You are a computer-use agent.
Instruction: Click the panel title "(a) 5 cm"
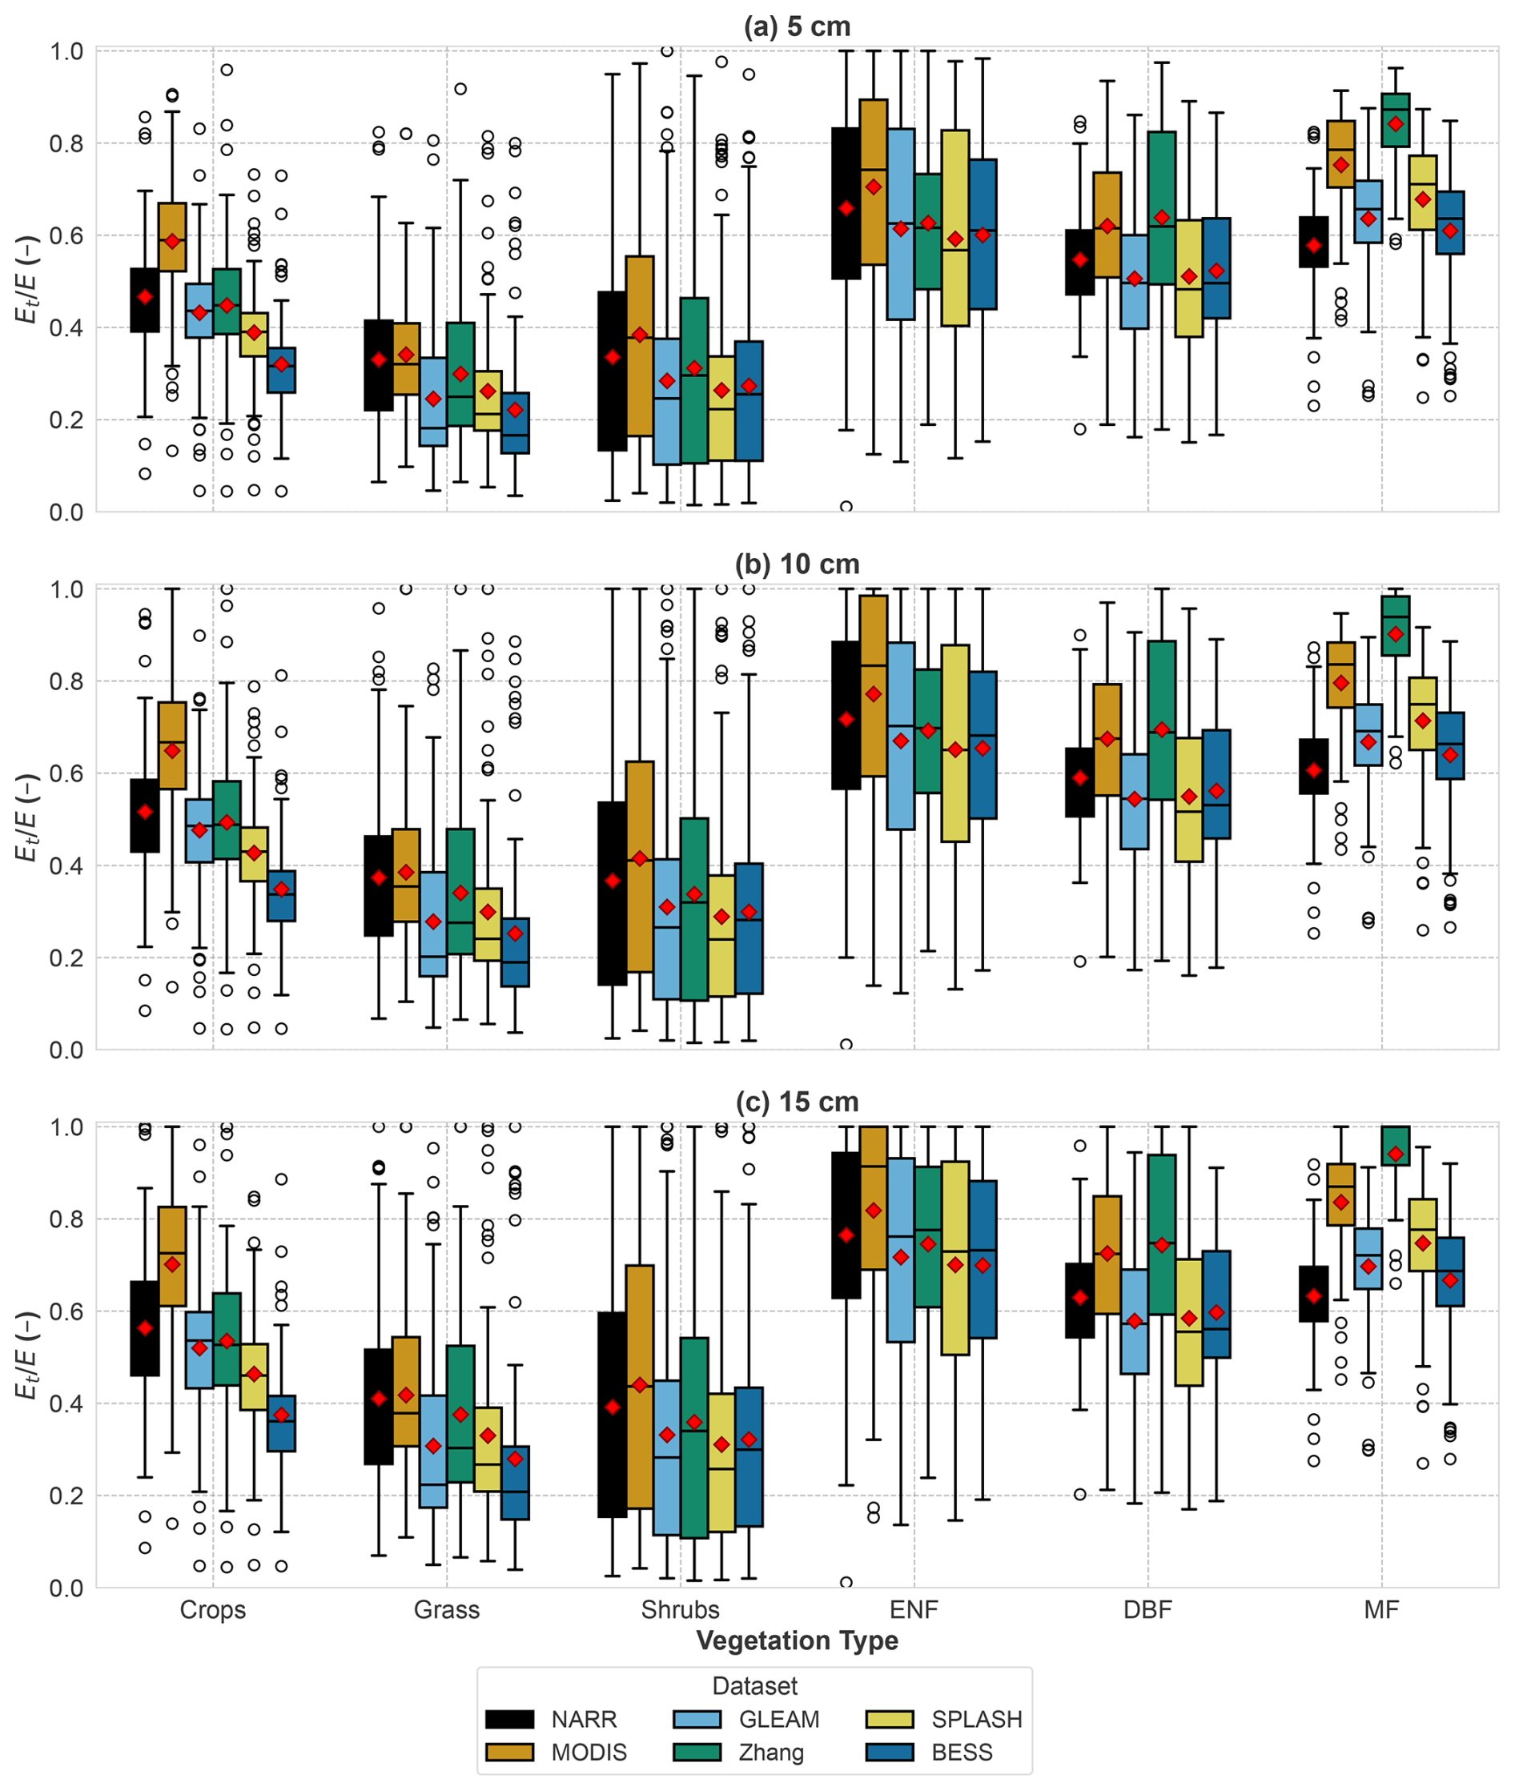[796, 26]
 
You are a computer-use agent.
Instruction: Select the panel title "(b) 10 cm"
[796, 564]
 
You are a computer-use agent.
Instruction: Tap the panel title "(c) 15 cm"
[796, 1102]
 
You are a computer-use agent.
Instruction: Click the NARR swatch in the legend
[509, 1719]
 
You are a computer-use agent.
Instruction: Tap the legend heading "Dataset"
[755, 1685]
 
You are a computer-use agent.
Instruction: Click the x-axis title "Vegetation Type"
[796, 1640]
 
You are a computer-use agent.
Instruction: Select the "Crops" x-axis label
[213, 1609]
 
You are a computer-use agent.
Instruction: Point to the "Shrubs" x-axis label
[680, 1609]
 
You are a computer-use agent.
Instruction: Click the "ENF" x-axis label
[914, 1609]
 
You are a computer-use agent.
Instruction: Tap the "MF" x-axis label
[1381, 1609]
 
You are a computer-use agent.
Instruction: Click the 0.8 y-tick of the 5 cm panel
[66, 143]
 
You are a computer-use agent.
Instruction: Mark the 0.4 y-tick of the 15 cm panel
[66, 1403]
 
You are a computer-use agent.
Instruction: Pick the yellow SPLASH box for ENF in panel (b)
[955, 743]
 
